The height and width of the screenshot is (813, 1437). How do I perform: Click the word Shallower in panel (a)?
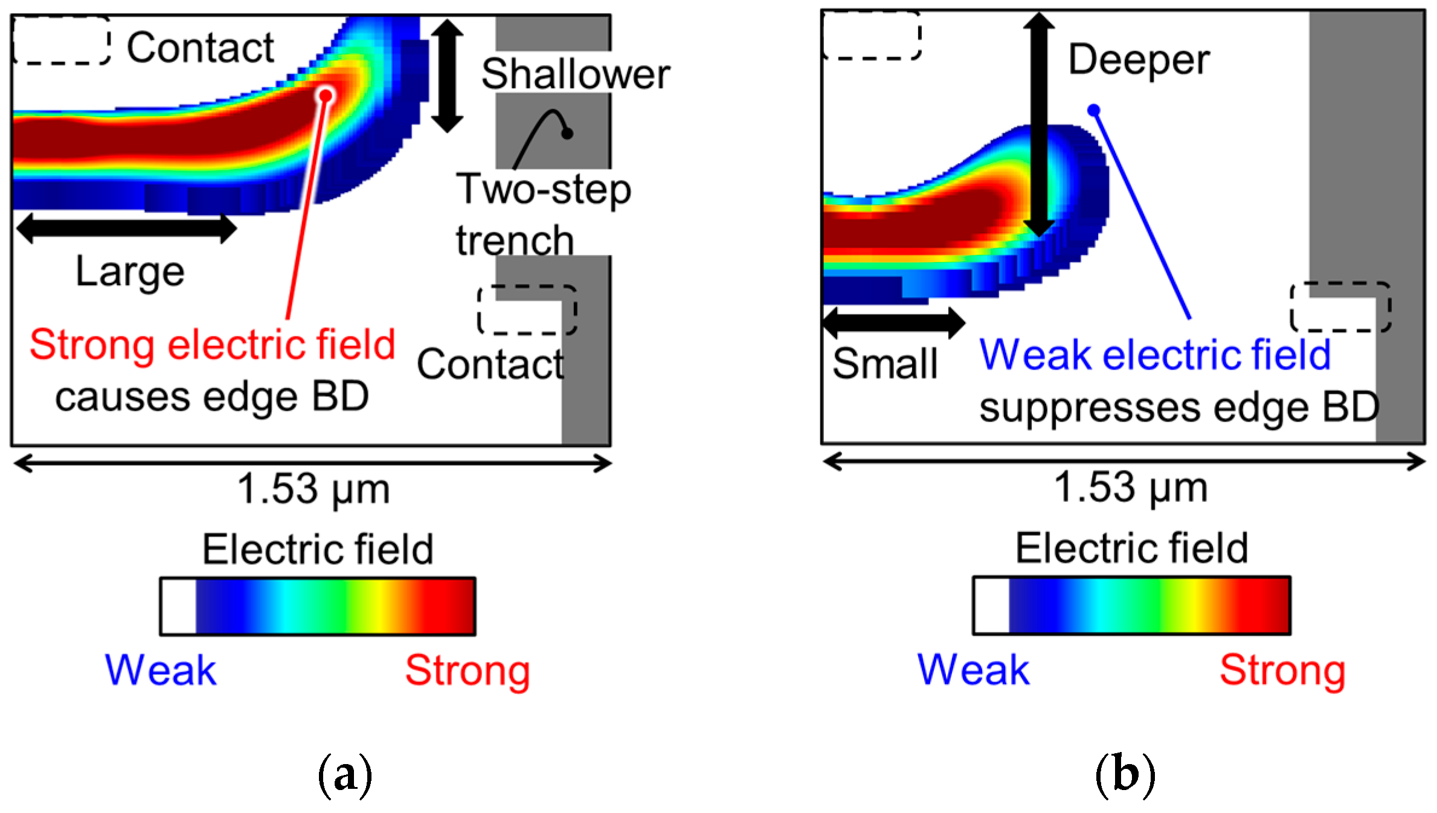tap(575, 74)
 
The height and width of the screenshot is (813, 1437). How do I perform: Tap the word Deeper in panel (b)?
tap(1139, 60)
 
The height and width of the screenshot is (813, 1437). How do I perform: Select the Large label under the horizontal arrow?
tap(130, 272)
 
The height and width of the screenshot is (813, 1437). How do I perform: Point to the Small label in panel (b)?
tap(885, 364)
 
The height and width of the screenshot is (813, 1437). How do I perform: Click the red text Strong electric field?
tap(212, 345)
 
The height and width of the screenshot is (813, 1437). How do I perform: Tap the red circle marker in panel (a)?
tap(326, 95)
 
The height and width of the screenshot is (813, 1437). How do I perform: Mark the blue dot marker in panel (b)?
tap(1094, 110)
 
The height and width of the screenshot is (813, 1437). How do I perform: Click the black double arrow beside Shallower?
tap(447, 76)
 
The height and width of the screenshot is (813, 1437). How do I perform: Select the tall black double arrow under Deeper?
tap(1038, 124)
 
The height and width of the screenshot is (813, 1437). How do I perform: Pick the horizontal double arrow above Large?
tap(127, 228)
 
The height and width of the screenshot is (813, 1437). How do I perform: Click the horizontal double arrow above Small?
tap(894, 323)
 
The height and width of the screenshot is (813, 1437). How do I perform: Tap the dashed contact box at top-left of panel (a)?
tap(61, 40)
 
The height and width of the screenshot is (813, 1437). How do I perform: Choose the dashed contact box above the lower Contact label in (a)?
tap(527, 310)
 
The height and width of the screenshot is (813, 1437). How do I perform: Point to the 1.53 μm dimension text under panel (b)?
tap(1130, 487)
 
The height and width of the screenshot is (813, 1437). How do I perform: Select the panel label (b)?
tap(1124, 774)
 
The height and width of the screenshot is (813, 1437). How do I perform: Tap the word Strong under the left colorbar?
tap(467, 671)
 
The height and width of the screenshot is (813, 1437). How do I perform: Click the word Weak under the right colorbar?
tap(973, 670)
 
